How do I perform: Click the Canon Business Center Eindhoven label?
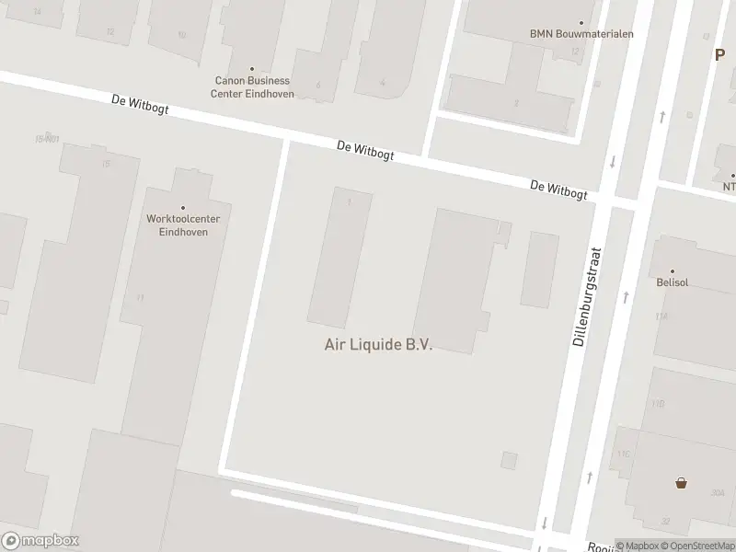pyautogui.click(x=252, y=86)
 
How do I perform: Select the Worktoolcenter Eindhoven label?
pyautogui.click(x=182, y=225)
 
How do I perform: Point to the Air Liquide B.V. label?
pyautogui.click(x=378, y=345)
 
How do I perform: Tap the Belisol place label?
pyautogui.click(x=673, y=283)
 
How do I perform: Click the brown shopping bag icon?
pyautogui.click(x=681, y=482)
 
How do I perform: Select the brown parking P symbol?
pyautogui.click(x=720, y=54)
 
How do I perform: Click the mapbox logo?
pyautogui.click(x=40, y=541)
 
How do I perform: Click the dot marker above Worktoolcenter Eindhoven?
pyautogui.click(x=182, y=208)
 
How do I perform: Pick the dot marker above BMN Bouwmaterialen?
pyautogui.click(x=581, y=23)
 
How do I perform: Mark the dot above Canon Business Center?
pyautogui.click(x=252, y=68)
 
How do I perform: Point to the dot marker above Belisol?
pyautogui.click(x=673, y=271)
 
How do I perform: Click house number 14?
pyautogui.click(x=37, y=11)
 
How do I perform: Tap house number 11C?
pyautogui.click(x=623, y=454)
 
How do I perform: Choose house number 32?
pyautogui.click(x=664, y=521)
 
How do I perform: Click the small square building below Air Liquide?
pyautogui.click(x=509, y=460)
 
